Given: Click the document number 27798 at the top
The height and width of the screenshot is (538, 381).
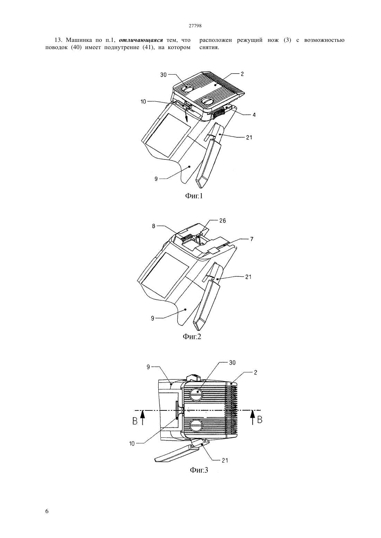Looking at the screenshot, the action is [x=195, y=26].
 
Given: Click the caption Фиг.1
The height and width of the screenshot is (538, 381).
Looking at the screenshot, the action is [x=194, y=196].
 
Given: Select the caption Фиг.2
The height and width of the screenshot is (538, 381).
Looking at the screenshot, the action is [x=192, y=336].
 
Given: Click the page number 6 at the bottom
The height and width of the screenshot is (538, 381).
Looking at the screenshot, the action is [x=47, y=511].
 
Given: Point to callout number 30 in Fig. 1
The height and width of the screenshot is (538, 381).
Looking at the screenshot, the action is [x=163, y=75].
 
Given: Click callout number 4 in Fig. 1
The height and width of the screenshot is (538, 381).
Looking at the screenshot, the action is [x=254, y=115].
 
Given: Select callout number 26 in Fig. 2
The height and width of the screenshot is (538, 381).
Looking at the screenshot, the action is [x=223, y=221].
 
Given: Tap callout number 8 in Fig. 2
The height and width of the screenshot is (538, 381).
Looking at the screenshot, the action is [x=153, y=226].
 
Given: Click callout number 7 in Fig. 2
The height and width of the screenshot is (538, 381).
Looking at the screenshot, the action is [x=251, y=239].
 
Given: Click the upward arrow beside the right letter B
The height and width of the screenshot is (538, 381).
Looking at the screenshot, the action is [x=252, y=417].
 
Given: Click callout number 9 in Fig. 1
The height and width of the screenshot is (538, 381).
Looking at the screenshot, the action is [x=156, y=179].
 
